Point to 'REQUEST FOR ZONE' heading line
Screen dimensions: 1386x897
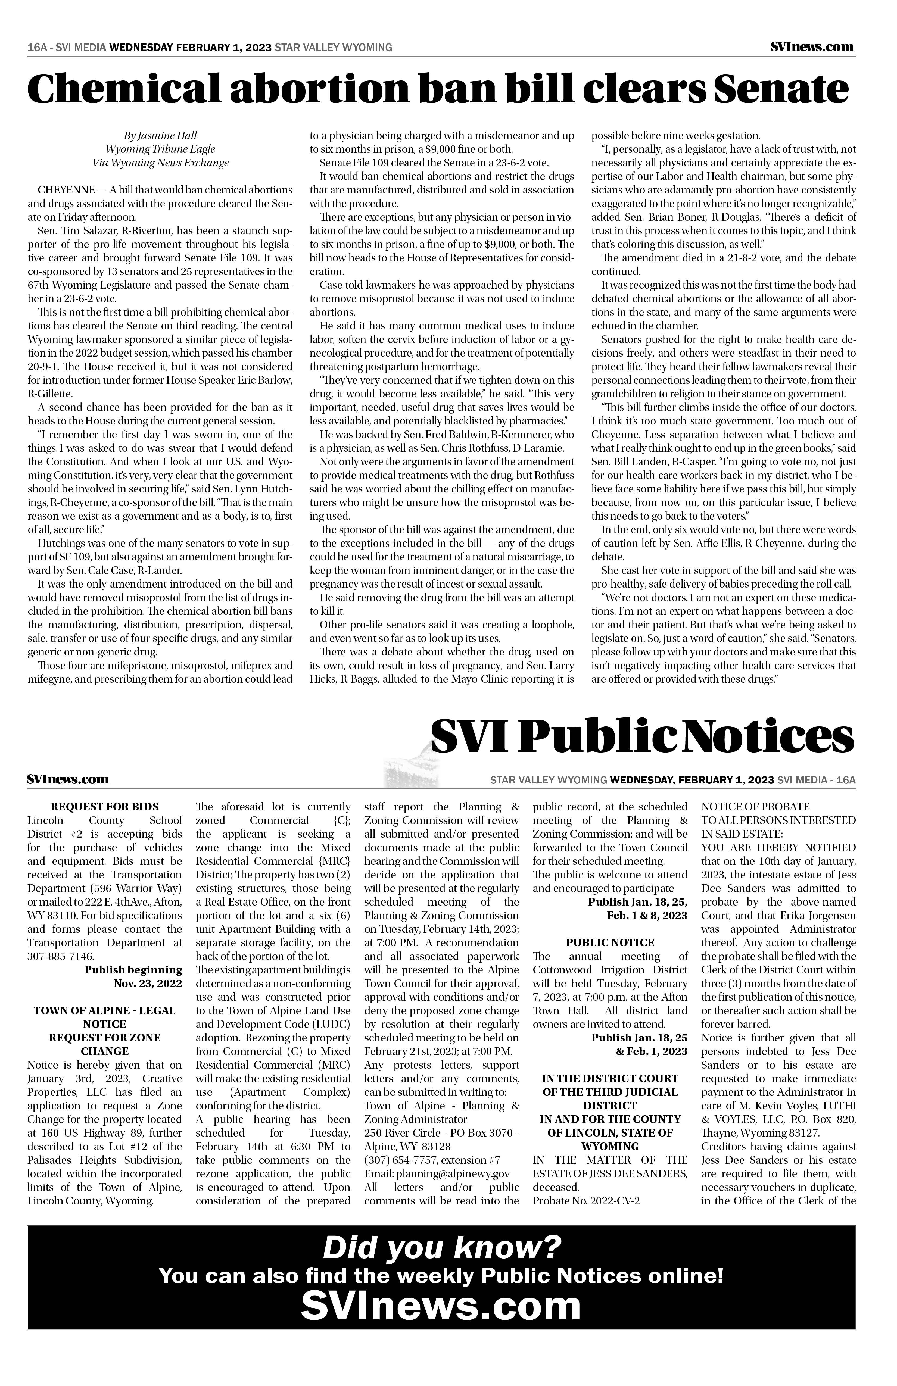click(105, 1038)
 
